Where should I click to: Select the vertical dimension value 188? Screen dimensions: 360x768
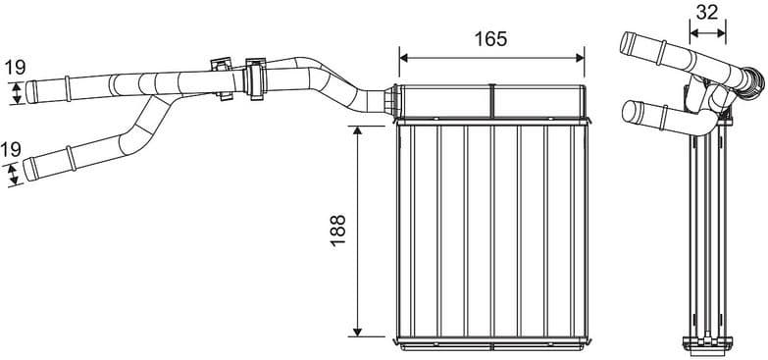point(338,231)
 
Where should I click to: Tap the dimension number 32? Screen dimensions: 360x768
point(705,13)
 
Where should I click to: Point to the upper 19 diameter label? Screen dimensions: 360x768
point(14,69)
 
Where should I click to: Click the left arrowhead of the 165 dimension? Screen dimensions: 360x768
point(403,57)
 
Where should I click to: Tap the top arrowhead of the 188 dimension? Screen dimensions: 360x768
point(357,129)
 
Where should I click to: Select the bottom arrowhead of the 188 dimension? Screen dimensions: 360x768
point(357,331)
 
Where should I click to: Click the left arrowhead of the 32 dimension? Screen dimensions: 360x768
point(692,32)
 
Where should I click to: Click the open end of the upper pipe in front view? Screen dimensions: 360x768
point(29,92)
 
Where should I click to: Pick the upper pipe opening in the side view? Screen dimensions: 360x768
point(625,43)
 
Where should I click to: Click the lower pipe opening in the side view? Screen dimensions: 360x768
point(625,110)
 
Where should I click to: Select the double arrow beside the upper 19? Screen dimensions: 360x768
point(17,92)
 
